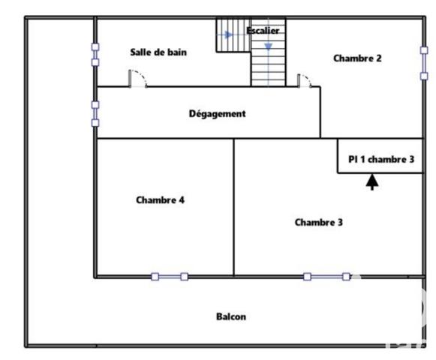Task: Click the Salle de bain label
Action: click(158, 52)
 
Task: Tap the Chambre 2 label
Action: click(358, 58)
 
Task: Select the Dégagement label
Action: click(217, 113)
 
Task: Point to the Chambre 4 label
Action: click(161, 199)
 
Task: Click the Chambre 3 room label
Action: click(318, 222)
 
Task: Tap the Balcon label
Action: click(231, 316)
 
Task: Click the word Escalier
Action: click(263, 30)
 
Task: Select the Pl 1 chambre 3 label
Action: click(380, 159)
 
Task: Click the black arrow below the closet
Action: click(372, 182)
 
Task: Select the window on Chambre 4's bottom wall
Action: click(170, 277)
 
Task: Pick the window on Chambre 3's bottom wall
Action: click(326, 277)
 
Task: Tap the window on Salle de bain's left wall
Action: click(95, 55)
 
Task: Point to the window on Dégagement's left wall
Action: click(95, 113)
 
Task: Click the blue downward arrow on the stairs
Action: click(268, 46)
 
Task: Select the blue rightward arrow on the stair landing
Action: click(230, 34)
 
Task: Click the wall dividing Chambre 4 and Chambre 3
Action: click(234, 207)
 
